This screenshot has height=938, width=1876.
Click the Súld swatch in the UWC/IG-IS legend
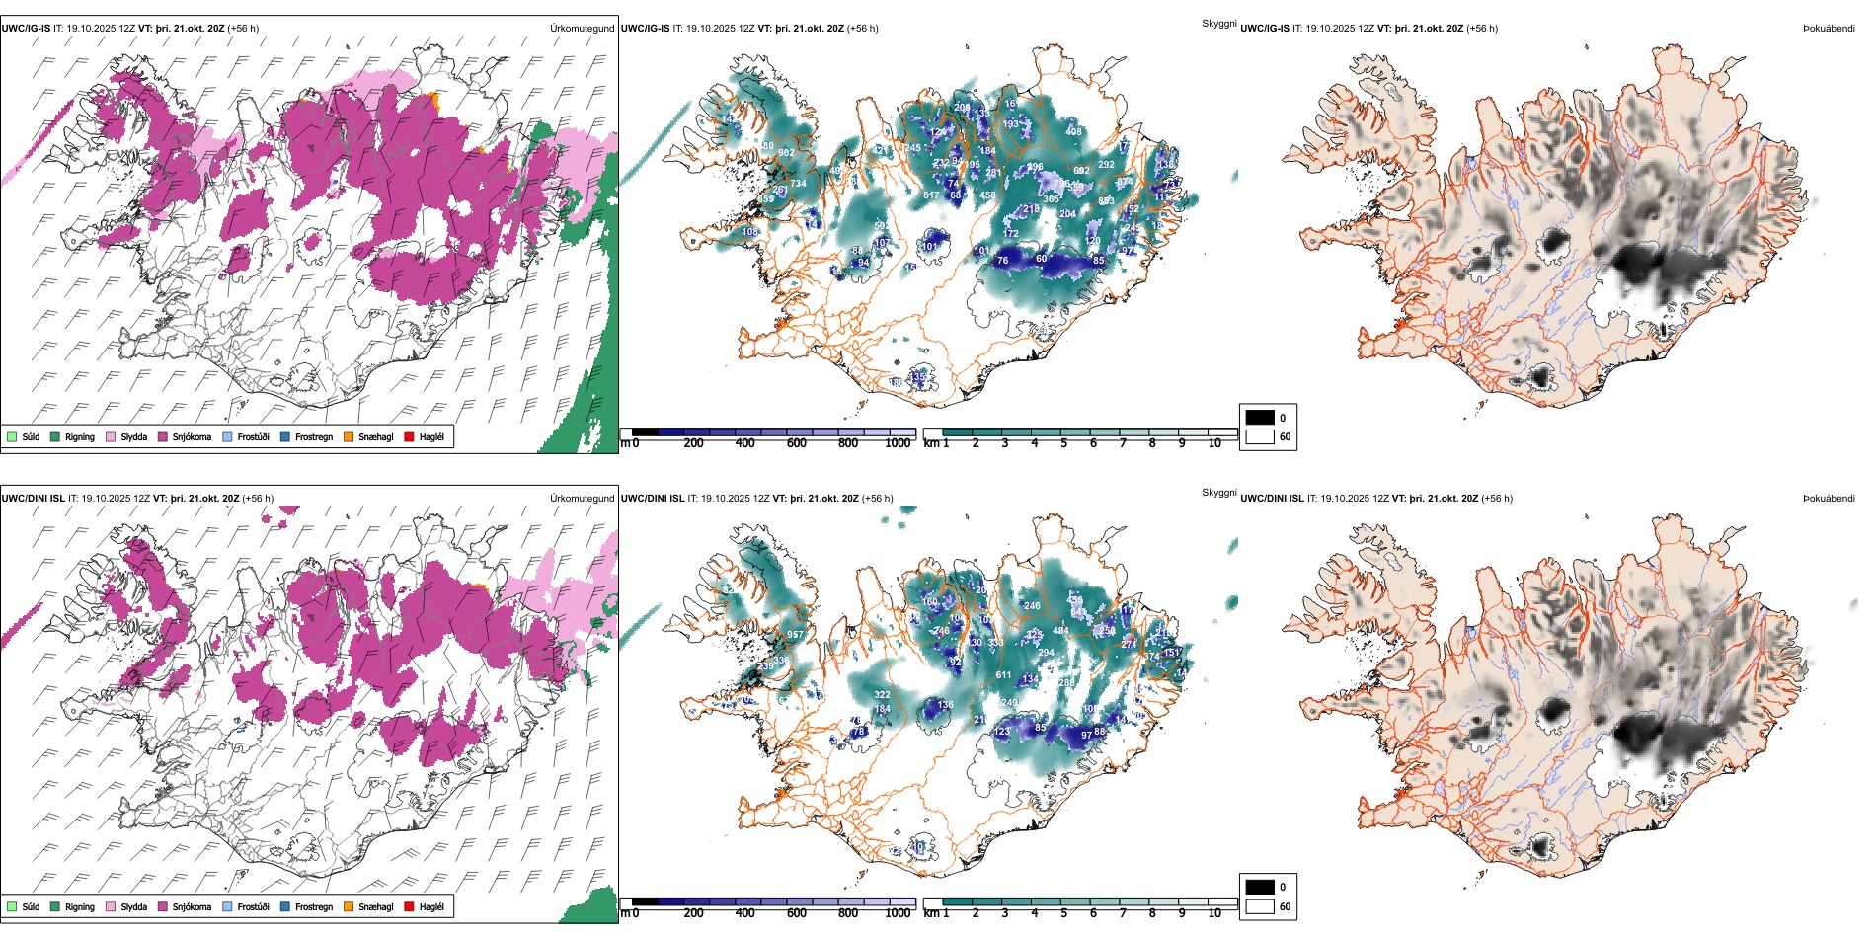12,436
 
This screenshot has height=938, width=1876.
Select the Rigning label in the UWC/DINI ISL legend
80,906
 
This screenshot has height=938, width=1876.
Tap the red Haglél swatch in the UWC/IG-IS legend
410,436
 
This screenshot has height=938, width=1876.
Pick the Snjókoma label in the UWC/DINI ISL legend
192,906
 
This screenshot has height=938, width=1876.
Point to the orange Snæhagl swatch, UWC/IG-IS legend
349,436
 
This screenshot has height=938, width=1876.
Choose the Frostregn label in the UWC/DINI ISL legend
314,906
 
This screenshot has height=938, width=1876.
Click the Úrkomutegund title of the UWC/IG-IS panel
582,29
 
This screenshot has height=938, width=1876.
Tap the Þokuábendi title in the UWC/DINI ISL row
1829,499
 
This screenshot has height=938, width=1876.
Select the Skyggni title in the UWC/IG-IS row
1218,24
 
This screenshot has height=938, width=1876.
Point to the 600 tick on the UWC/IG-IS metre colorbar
797,443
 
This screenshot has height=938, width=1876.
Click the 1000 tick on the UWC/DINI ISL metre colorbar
898,913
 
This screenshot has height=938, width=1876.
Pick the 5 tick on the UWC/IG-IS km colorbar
1064,443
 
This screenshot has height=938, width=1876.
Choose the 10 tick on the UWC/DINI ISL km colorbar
1214,913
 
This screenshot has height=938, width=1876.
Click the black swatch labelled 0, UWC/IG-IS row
1260,418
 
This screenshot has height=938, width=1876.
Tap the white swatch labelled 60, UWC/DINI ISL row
1260,906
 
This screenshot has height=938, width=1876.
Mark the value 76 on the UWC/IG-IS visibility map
1003,261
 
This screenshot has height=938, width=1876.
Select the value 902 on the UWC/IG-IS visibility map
786,153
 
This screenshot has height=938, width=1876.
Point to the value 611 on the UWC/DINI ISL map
1003,675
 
